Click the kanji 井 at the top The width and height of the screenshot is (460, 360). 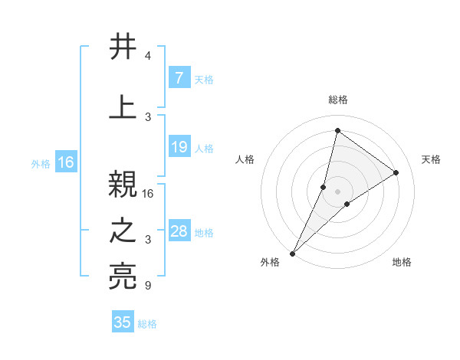[x=123, y=47]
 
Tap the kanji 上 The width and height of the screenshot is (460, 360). [x=123, y=107]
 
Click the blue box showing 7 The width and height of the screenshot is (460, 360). [x=179, y=77]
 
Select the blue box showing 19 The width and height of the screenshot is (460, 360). [x=179, y=147]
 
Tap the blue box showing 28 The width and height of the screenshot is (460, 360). [x=179, y=231]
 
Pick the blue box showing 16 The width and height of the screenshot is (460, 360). [x=65, y=162]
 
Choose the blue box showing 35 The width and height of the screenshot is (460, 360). [x=123, y=322]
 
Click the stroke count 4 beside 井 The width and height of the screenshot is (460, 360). [x=148, y=57]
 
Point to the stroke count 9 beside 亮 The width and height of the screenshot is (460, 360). [x=148, y=286]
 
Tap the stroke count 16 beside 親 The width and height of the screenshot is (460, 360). [x=149, y=194]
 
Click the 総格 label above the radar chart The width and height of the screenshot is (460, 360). [x=337, y=100]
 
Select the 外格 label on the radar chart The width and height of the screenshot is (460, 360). [x=270, y=263]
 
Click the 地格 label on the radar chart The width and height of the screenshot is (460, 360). [x=402, y=263]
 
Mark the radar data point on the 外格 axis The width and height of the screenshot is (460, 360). [x=292, y=253]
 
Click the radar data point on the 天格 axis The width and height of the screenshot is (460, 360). [x=396, y=172]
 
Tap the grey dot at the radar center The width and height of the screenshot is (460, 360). [x=337, y=191]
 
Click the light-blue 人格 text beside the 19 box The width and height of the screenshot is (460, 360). [x=204, y=148]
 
